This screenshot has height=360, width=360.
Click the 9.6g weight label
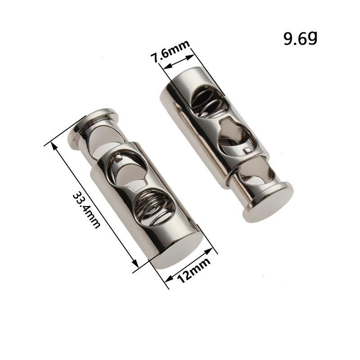(300, 38)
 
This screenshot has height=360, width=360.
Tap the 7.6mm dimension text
(170, 51)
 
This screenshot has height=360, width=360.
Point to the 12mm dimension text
(193, 270)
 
